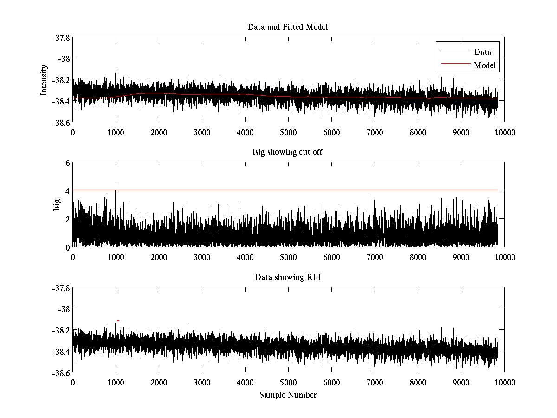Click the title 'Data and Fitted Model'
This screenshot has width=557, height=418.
288,27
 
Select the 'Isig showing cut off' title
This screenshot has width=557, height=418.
288,152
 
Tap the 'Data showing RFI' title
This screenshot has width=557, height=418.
288,278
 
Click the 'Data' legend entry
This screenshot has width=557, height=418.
482,52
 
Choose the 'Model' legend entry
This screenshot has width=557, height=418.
485,65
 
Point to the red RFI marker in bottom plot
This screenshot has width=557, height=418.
118,320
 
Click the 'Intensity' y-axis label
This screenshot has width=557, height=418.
44,79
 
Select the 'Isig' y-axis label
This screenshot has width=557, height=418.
57,205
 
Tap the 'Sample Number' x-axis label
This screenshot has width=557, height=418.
288,395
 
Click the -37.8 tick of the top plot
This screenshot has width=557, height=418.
61,38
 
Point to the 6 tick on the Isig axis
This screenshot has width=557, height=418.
67,163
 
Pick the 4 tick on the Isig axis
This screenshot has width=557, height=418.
67,191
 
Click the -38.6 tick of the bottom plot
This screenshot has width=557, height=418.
61,373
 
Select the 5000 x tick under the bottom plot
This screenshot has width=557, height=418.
288,383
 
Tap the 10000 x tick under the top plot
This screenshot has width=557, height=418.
504,132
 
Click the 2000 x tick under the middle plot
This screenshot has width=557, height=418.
159,257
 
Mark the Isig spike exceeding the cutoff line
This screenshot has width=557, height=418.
118,185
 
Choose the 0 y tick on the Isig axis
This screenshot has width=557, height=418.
67,247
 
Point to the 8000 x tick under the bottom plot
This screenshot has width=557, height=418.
418,383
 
